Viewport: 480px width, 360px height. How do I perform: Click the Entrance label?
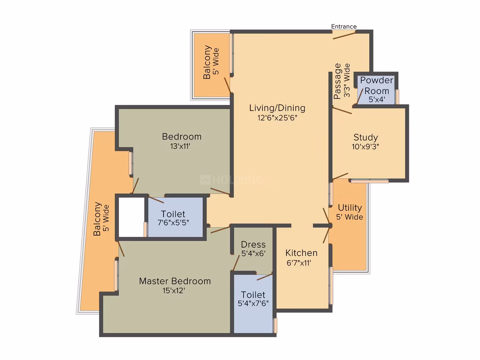click(x=344, y=26)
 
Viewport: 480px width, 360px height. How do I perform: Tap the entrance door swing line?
click(x=344, y=36)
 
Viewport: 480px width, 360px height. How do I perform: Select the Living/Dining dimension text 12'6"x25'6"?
click(x=277, y=118)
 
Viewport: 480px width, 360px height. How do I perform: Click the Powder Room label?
click(x=377, y=85)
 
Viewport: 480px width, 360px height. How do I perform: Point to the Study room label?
click(x=366, y=137)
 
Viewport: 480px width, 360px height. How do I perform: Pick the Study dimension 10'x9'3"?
click(x=365, y=146)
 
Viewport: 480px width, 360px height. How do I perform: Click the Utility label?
click(x=350, y=208)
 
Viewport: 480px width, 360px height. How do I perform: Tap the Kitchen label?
click(x=302, y=253)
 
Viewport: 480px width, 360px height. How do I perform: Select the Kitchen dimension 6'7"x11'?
click(x=299, y=263)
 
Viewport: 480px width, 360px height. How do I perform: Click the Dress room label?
click(x=253, y=244)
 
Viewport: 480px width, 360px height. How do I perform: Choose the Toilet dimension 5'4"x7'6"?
click(x=253, y=303)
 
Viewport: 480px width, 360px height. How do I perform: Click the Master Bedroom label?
click(x=175, y=281)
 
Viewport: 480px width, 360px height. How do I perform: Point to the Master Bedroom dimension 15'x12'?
click(x=174, y=290)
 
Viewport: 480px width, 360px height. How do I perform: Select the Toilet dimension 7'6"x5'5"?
click(x=173, y=223)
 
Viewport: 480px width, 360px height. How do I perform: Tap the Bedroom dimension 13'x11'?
click(x=180, y=146)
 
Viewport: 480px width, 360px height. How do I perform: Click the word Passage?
click(x=337, y=81)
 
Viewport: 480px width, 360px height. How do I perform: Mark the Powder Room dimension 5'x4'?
click(x=377, y=99)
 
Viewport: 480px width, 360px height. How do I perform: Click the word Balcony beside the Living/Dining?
click(x=207, y=62)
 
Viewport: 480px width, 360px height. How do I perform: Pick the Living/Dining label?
click(x=277, y=108)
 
